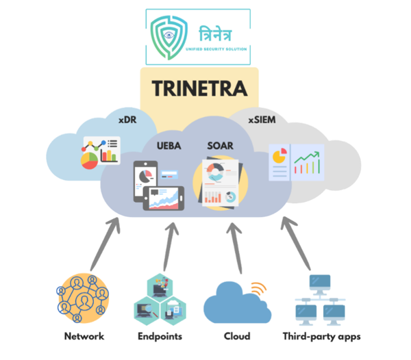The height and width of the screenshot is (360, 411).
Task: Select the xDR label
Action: click(x=127, y=119)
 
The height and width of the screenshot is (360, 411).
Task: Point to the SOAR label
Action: click(x=221, y=145)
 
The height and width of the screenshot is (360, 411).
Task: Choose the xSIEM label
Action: click(x=262, y=119)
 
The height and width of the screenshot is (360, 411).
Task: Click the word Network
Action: click(x=84, y=336)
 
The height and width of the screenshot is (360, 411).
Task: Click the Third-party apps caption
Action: click(x=319, y=336)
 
